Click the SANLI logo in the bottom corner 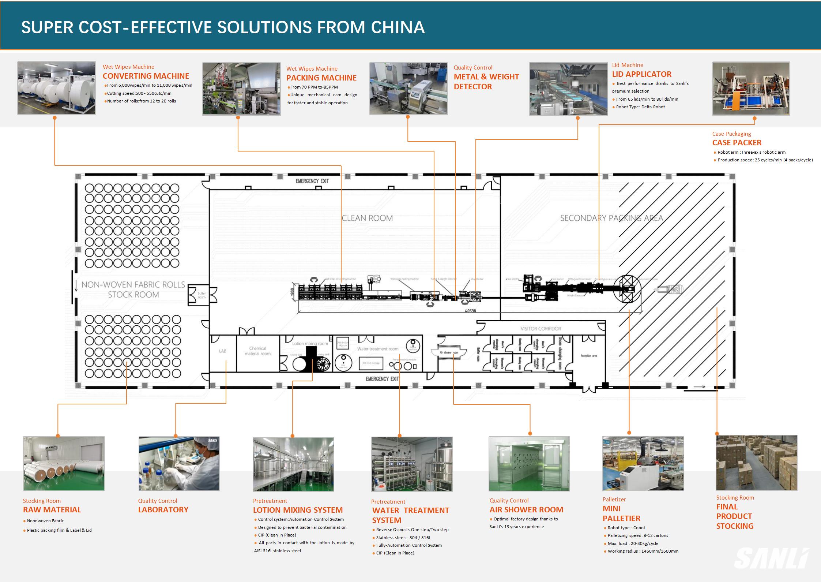772,558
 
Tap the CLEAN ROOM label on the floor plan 367,218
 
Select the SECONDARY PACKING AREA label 611,218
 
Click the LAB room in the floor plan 222,351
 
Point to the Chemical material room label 257,351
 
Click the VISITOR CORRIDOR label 541,329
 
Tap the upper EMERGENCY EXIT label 312,181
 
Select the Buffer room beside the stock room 202,295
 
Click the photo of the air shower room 529,464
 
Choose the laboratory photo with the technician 179,464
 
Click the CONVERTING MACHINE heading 146,76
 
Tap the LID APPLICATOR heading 642,74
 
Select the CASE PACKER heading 737,143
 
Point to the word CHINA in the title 398,27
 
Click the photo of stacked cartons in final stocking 756,463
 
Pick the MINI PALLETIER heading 621,513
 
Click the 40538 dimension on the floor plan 470,311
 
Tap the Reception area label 588,356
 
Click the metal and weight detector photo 408,89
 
